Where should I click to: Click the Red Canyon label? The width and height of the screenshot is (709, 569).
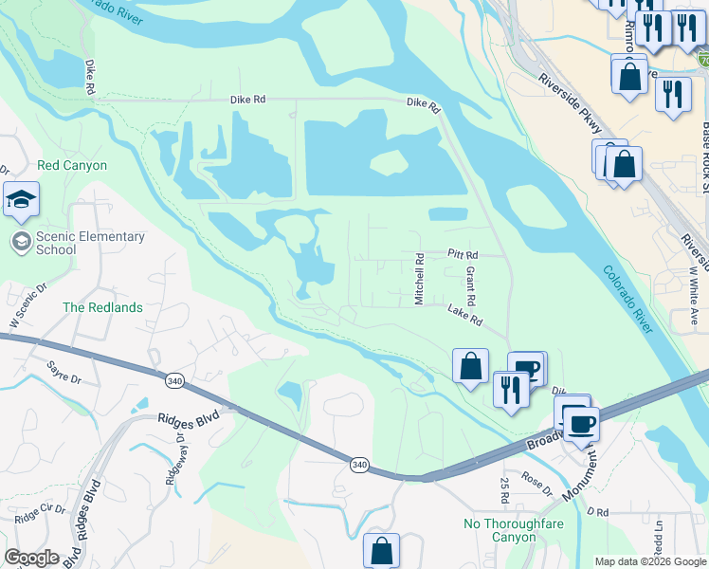pyautogui.click(x=72, y=165)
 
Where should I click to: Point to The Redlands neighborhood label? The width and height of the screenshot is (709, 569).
pyautogui.click(x=102, y=307)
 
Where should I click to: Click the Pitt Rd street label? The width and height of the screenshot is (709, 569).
pyautogui.click(x=463, y=255)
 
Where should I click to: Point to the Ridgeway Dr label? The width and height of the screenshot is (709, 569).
pyautogui.click(x=170, y=458)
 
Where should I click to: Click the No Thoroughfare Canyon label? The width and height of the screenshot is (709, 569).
pyautogui.click(x=500, y=530)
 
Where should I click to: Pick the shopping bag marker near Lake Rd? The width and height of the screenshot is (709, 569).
pyautogui.click(x=470, y=366)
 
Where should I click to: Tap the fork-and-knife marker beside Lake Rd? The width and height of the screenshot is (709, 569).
pyautogui.click(x=511, y=388)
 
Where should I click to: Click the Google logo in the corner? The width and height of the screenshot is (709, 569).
pyautogui.click(x=32, y=558)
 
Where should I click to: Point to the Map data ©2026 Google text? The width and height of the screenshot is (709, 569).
pyautogui.click(x=650, y=561)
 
